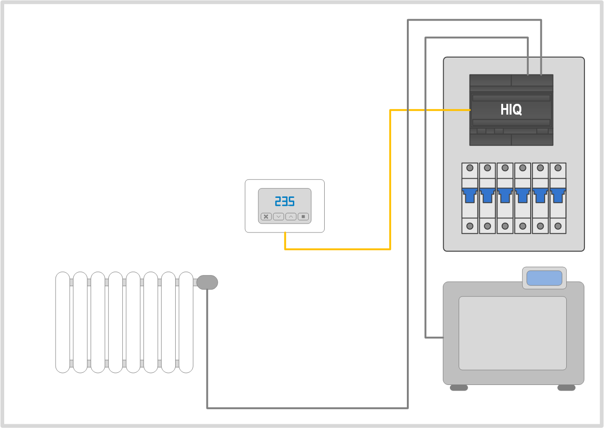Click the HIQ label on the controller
511,110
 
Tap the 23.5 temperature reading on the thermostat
284,202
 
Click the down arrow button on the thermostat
278,217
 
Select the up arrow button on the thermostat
291,217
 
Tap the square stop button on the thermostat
303,217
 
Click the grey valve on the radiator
207,283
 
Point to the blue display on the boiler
544,278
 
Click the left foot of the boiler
459,388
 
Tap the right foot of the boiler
566,388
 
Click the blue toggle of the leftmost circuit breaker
470,194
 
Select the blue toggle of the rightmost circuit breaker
558,194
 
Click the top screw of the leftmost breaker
470,168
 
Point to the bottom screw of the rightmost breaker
558,226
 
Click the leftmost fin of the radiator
63,322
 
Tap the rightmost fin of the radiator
186,322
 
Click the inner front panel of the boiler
512,333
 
